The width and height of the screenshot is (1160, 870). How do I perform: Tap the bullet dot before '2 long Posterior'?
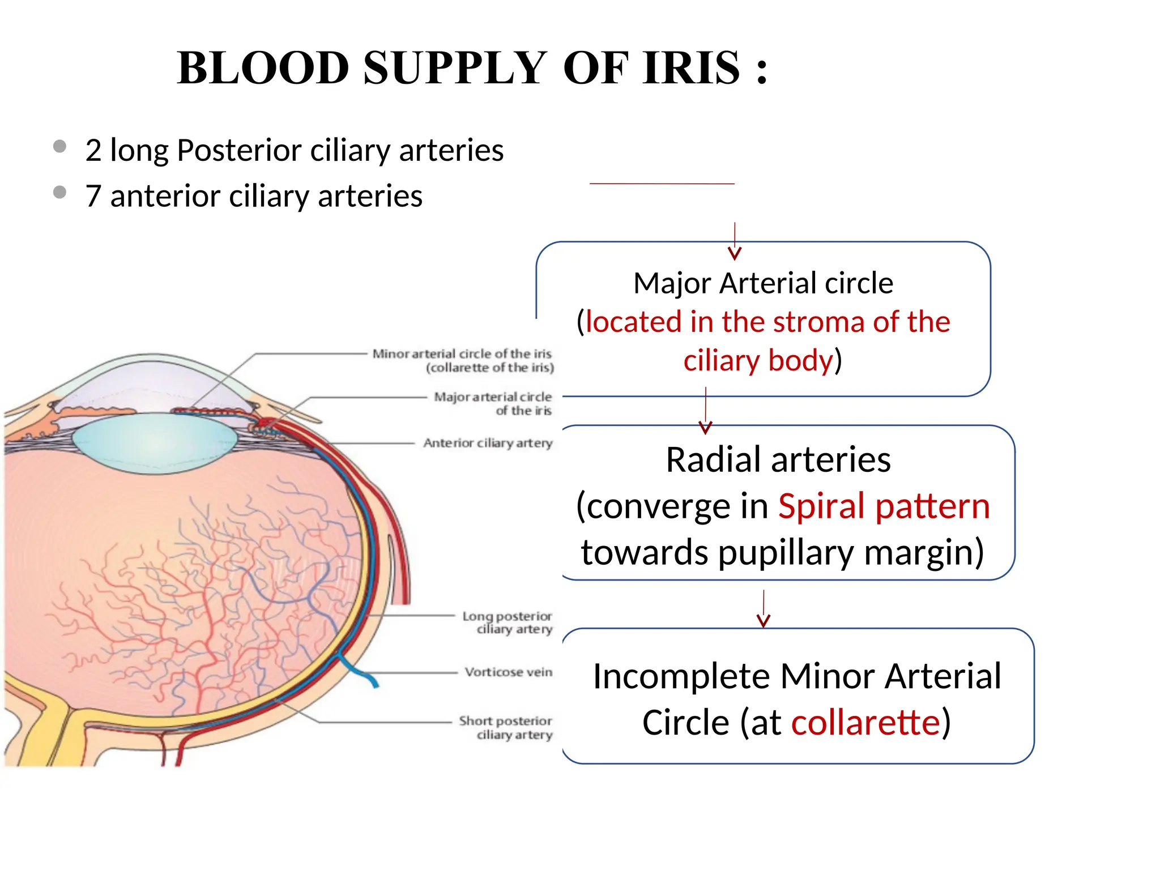click(x=59, y=147)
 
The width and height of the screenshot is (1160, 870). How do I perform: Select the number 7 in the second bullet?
click(x=93, y=196)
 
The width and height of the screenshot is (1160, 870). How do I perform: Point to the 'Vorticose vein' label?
click(x=508, y=672)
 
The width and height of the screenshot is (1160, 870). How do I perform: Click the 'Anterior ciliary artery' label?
click(x=488, y=443)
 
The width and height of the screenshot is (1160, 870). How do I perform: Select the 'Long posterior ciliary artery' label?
click(x=507, y=622)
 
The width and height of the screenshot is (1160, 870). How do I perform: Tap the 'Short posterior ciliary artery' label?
click(x=505, y=727)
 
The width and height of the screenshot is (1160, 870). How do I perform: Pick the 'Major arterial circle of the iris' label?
click(x=493, y=403)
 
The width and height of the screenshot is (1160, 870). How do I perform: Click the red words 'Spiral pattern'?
click(x=884, y=506)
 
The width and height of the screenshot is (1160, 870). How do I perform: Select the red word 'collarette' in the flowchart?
click(x=865, y=723)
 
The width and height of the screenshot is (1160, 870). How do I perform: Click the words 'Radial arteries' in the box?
click(x=778, y=459)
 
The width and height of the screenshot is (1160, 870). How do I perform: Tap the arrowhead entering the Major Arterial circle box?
click(x=735, y=253)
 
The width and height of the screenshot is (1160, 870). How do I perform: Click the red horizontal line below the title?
click(x=662, y=184)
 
